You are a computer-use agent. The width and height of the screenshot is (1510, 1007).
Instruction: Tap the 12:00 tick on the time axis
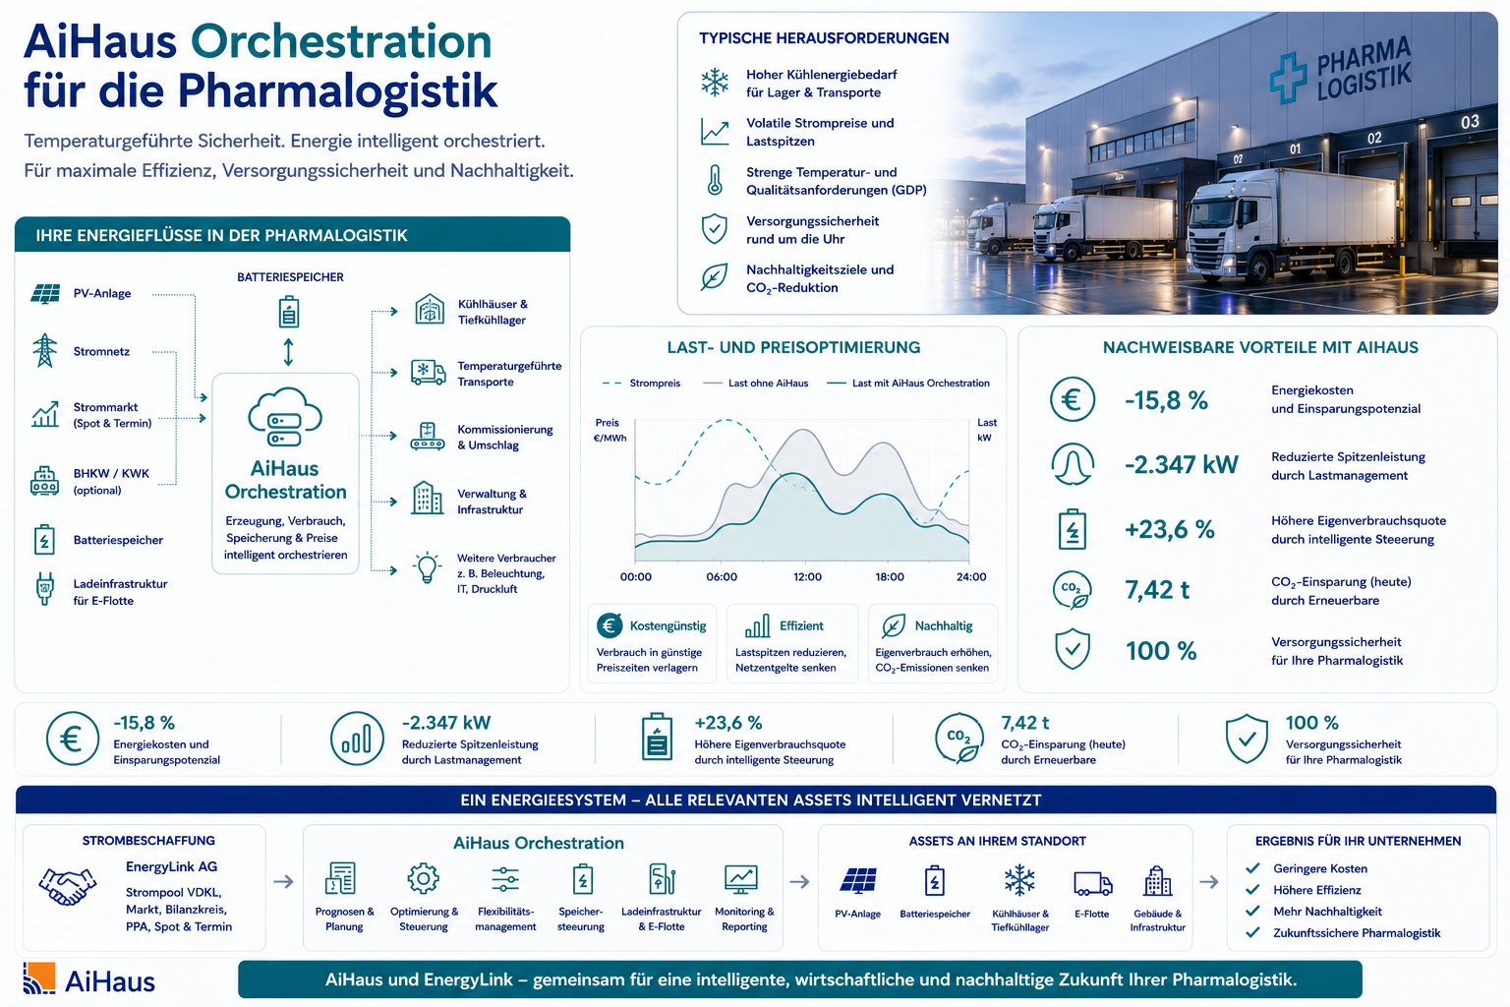(807, 576)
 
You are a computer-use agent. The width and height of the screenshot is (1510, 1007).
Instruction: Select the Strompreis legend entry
(641, 384)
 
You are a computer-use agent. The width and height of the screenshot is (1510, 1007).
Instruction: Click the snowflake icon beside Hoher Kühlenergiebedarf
(715, 83)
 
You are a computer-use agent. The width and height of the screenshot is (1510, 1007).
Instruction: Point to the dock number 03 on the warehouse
(1470, 122)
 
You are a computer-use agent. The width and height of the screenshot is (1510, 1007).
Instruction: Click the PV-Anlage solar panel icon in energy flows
(45, 294)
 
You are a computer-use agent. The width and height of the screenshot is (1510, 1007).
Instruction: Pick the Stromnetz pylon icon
(44, 351)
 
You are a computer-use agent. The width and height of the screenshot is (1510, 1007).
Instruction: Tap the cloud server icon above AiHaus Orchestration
(285, 417)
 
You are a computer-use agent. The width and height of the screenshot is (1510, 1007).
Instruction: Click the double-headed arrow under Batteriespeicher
(288, 352)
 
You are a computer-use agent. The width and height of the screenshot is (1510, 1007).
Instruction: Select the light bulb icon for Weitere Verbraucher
(428, 567)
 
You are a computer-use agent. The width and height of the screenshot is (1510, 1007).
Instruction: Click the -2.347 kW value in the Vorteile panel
(1181, 465)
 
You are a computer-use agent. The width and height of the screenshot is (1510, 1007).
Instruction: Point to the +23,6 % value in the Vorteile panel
(1170, 529)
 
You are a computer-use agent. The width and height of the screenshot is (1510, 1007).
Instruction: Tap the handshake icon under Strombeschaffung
(68, 885)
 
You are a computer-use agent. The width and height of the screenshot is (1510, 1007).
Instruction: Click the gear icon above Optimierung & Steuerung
(424, 878)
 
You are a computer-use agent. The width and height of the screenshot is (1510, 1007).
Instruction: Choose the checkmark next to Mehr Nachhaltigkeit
(1253, 912)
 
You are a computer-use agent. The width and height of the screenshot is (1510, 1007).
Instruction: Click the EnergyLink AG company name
(171, 866)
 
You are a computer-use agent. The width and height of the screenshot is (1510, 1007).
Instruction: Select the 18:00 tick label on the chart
(890, 576)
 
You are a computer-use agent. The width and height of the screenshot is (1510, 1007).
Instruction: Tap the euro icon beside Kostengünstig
(610, 625)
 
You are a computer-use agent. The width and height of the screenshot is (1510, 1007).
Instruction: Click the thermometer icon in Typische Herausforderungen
(715, 180)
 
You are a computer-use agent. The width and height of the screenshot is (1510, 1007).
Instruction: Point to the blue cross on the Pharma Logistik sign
(1288, 78)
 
